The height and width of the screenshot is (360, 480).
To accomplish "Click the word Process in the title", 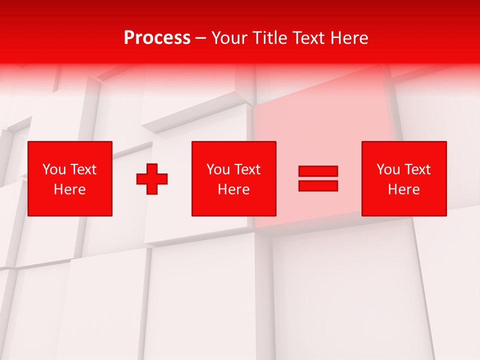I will [157, 38].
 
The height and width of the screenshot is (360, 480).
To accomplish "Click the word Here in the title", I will [349, 38].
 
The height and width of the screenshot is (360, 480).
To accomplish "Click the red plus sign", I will [152, 179].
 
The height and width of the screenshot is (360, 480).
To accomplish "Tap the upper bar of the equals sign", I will [318, 171].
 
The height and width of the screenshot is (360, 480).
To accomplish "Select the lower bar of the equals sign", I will [318, 185].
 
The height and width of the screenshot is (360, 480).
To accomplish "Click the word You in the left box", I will [54, 169].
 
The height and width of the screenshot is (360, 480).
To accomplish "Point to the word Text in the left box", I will [83, 169].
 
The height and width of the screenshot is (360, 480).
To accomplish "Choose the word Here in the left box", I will [69, 189].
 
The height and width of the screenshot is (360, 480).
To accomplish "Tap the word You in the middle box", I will [218, 169].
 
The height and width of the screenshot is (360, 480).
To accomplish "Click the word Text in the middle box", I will [247, 169].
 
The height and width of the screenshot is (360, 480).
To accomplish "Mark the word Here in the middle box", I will [233, 189].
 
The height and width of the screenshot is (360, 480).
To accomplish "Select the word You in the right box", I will [388, 169].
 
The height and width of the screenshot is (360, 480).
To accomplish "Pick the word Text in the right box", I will [417, 169].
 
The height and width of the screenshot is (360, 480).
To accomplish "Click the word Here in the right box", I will [403, 189].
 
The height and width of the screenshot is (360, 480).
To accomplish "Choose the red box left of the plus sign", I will [70, 205].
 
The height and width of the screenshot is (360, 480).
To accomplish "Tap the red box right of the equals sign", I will [404, 205].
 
